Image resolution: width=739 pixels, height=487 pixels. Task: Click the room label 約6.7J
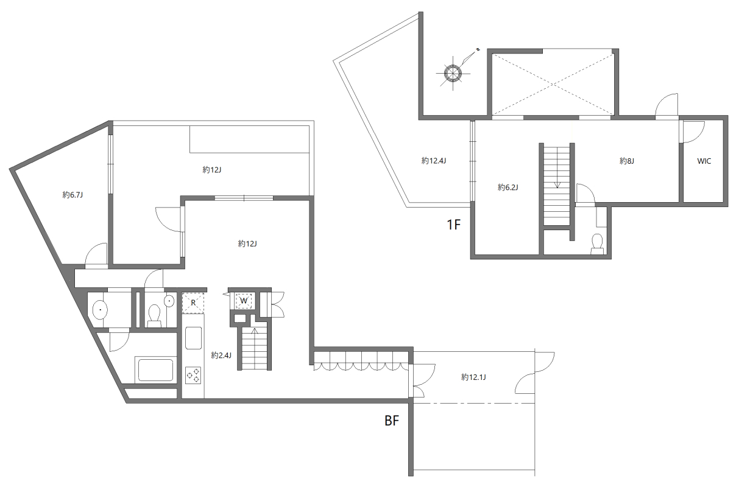tap(72, 195)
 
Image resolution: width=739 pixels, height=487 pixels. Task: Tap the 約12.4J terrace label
tap(434, 161)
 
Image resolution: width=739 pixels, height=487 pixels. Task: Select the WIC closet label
tap(704, 161)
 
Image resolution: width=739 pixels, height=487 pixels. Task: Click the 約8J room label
tap(627, 161)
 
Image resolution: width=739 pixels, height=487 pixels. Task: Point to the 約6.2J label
tap(507, 187)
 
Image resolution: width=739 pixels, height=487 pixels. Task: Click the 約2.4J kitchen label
tap(221, 354)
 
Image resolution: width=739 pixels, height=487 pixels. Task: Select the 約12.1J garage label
tap(473, 377)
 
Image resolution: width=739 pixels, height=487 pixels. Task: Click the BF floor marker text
tap(391, 421)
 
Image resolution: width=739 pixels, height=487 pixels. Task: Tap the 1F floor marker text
tap(453, 225)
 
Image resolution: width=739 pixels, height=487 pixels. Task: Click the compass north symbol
tap(453, 73)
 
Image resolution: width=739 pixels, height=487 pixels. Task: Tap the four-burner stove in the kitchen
tap(194, 375)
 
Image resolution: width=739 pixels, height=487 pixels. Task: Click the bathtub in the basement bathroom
tap(155, 370)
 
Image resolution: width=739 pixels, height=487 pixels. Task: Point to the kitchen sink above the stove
tap(193, 338)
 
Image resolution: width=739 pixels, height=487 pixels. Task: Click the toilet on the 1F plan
tap(597, 243)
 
